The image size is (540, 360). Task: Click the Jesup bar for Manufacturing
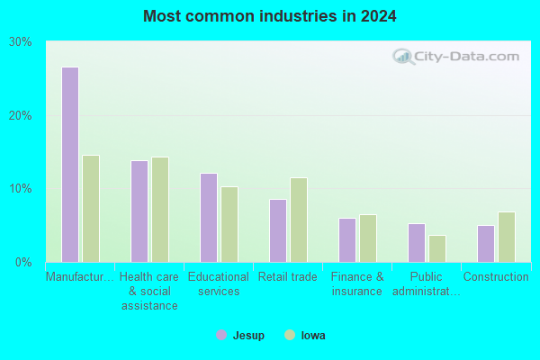(x=70, y=165)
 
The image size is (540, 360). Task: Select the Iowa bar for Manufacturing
(x=91, y=209)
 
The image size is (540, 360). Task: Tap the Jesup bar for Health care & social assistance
(x=139, y=211)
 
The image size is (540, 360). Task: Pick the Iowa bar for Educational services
(x=229, y=225)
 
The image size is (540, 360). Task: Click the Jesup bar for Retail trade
(x=278, y=230)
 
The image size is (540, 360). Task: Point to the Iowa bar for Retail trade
(x=299, y=220)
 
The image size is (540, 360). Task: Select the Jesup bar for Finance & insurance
(x=347, y=240)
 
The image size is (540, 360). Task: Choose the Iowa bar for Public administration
(x=437, y=248)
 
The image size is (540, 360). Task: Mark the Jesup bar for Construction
(x=486, y=244)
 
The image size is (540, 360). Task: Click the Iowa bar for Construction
(x=507, y=237)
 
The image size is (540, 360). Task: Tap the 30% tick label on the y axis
(x=21, y=42)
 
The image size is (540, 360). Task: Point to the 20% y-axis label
(x=21, y=116)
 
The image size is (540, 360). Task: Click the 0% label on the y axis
(x=23, y=263)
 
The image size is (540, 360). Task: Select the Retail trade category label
(x=288, y=276)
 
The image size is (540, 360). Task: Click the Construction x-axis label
(x=496, y=276)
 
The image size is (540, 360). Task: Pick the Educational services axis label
(x=219, y=283)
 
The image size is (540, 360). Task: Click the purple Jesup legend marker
(x=221, y=335)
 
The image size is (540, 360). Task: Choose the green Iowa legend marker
(x=290, y=335)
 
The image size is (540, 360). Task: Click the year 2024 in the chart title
(x=379, y=16)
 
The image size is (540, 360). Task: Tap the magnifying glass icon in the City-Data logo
(x=403, y=57)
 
